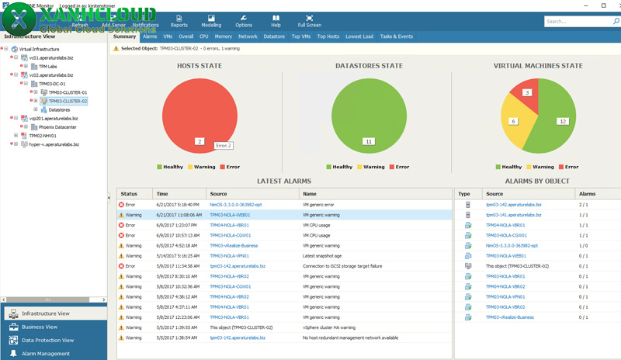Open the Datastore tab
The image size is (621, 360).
(274, 36)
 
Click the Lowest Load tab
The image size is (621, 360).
(359, 36)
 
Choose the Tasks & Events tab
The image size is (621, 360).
(396, 36)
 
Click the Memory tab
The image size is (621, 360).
(224, 36)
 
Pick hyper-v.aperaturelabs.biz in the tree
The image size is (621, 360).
(54, 144)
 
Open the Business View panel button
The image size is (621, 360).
(40, 327)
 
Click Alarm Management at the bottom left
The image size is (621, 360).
(45, 354)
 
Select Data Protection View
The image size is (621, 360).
(47, 340)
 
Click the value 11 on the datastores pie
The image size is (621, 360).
(369, 142)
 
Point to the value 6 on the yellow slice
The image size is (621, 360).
(513, 121)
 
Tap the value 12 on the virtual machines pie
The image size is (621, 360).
(562, 122)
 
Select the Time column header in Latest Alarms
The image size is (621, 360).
(162, 194)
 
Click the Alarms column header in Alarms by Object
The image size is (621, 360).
(589, 194)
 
